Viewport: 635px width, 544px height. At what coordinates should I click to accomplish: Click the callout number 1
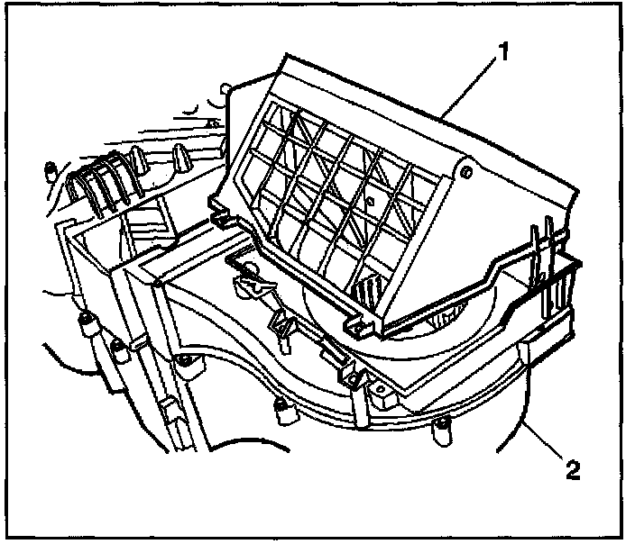coord(503,52)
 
